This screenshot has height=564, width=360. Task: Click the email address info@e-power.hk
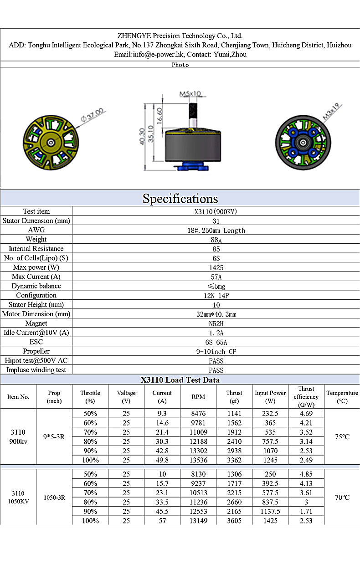[157, 54]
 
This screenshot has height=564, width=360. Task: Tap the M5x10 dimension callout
[190, 94]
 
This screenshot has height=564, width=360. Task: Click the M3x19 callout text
[333, 112]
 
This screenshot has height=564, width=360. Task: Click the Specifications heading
[180, 199]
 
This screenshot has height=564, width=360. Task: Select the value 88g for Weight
[216, 239]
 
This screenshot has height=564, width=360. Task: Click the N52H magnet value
[216, 323]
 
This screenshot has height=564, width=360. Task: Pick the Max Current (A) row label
[36, 277]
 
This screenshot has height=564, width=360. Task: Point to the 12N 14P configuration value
[216, 295]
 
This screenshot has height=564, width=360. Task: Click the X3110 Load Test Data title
[180, 379]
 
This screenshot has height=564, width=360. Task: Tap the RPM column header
[198, 397]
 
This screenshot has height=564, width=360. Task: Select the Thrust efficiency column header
[306, 397]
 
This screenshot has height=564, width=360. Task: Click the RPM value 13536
[198, 460]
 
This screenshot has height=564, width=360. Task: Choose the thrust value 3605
[234, 521]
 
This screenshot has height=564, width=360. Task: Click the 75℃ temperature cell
[342, 437]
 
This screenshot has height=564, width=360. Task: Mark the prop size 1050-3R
[54, 497]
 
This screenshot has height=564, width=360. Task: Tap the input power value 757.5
[270, 441]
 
